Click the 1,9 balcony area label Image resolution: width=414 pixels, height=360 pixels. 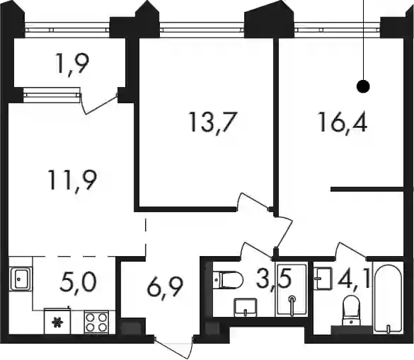point(72,64)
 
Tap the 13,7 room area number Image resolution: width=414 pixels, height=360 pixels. point(212,122)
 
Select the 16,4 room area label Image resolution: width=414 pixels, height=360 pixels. point(343,122)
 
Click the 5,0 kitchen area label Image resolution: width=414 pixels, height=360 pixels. point(79,282)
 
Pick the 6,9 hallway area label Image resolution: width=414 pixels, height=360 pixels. point(166,287)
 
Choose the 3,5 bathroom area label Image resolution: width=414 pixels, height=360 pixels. point(274,279)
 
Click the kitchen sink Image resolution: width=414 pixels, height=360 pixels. point(21,279)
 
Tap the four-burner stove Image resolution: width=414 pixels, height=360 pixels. point(96,322)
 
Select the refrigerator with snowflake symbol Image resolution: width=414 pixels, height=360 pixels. point(57,321)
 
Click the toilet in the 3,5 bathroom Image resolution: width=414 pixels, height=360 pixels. point(228,280)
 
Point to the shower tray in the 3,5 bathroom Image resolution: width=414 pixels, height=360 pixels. point(292,289)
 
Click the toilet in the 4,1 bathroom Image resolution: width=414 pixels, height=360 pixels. point(351,310)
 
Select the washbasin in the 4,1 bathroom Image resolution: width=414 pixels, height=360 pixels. point(323,279)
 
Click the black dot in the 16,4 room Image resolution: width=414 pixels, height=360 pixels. point(363,86)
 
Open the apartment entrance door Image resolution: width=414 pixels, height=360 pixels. point(173,347)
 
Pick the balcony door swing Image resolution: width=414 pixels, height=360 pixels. point(100,103)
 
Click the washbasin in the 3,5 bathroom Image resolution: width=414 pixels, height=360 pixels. point(246,307)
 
